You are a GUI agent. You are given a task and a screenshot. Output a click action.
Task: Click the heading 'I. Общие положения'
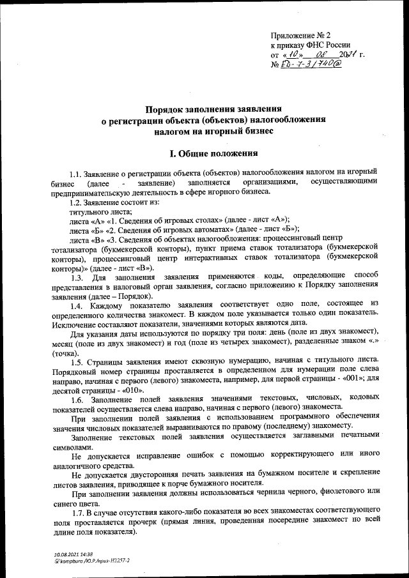pos(213,153)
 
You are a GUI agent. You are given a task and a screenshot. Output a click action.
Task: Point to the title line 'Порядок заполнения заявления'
pos(213,109)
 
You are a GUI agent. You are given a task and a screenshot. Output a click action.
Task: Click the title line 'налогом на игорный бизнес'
pos(213,130)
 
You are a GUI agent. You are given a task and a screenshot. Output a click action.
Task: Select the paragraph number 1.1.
pos(77,172)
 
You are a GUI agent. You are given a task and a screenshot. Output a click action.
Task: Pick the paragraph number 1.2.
pos(77,202)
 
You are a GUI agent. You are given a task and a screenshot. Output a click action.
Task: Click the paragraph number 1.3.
pos(77,277)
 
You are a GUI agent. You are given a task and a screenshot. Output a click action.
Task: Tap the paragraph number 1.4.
pos(77,306)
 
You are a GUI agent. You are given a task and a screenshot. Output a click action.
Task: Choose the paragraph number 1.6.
pos(77,399)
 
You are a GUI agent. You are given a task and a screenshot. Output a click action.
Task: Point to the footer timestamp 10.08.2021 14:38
pos(73,554)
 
